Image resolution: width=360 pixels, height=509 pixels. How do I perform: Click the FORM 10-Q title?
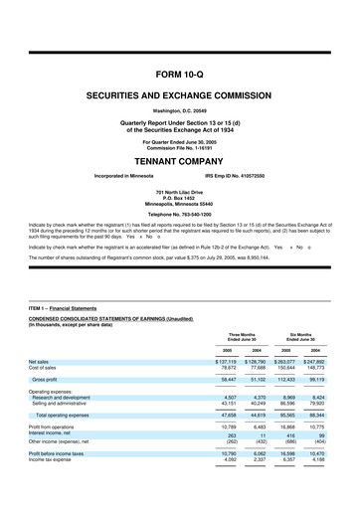[x=180, y=75]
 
